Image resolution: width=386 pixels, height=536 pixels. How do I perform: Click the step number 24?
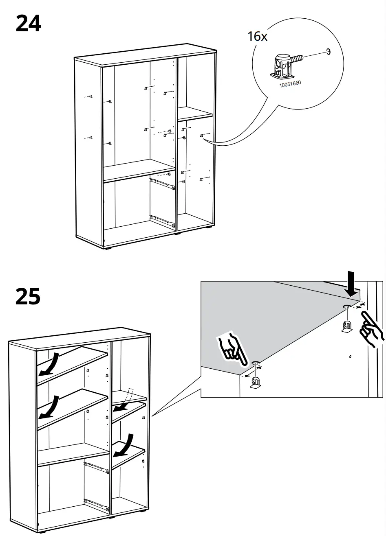coord(28,23)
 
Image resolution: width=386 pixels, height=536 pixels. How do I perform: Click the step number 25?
coord(28,296)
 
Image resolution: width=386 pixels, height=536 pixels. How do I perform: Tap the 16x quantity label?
coord(257,37)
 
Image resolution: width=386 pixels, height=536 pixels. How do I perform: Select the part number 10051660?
coord(290,83)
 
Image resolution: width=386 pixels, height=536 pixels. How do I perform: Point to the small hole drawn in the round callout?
coord(328,52)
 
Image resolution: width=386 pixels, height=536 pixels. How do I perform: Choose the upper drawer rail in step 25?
coord(96,468)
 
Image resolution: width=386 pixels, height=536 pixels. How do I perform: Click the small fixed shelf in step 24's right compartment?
coord(195,114)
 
